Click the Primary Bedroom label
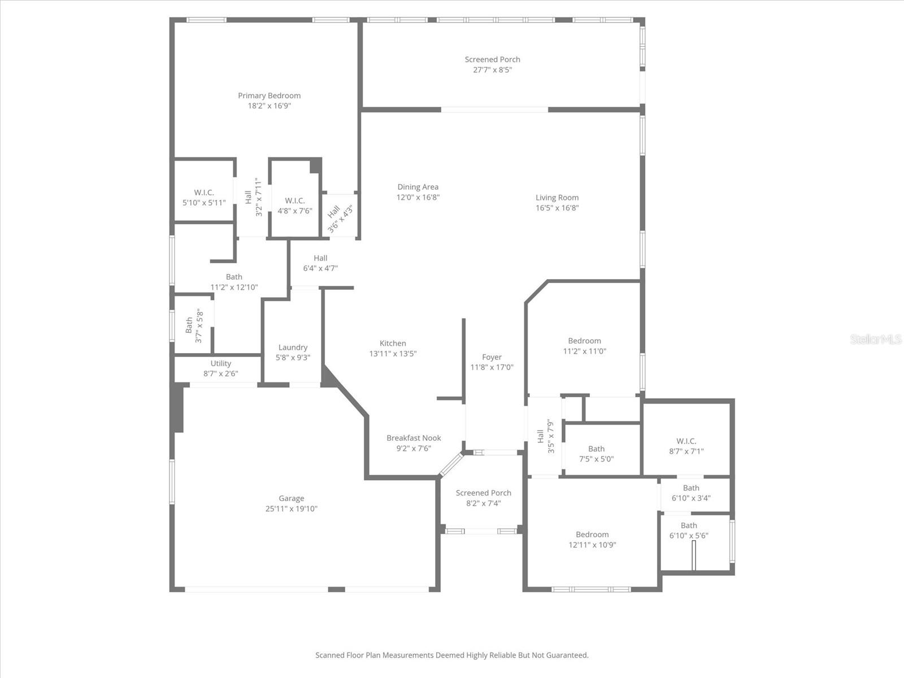coord(269,95)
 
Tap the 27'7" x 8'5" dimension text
coord(492,70)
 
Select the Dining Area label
coord(418,187)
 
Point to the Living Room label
coord(557,197)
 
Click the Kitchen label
coord(393,343)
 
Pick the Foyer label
coord(492,357)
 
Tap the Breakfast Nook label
coord(414,438)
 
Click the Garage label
coord(292,498)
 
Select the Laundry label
coord(293,347)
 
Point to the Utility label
coord(220,363)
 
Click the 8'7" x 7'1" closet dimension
coord(686,451)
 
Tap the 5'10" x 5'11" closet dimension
coord(203,202)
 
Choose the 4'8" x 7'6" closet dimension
coord(294,211)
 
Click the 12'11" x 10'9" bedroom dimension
coord(592,545)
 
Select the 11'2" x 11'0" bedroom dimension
coord(584,351)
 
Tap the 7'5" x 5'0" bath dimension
coord(596,459)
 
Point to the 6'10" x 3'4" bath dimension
coord(691,498)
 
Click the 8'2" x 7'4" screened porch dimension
coord(483,503)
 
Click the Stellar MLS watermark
coord(876,339)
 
